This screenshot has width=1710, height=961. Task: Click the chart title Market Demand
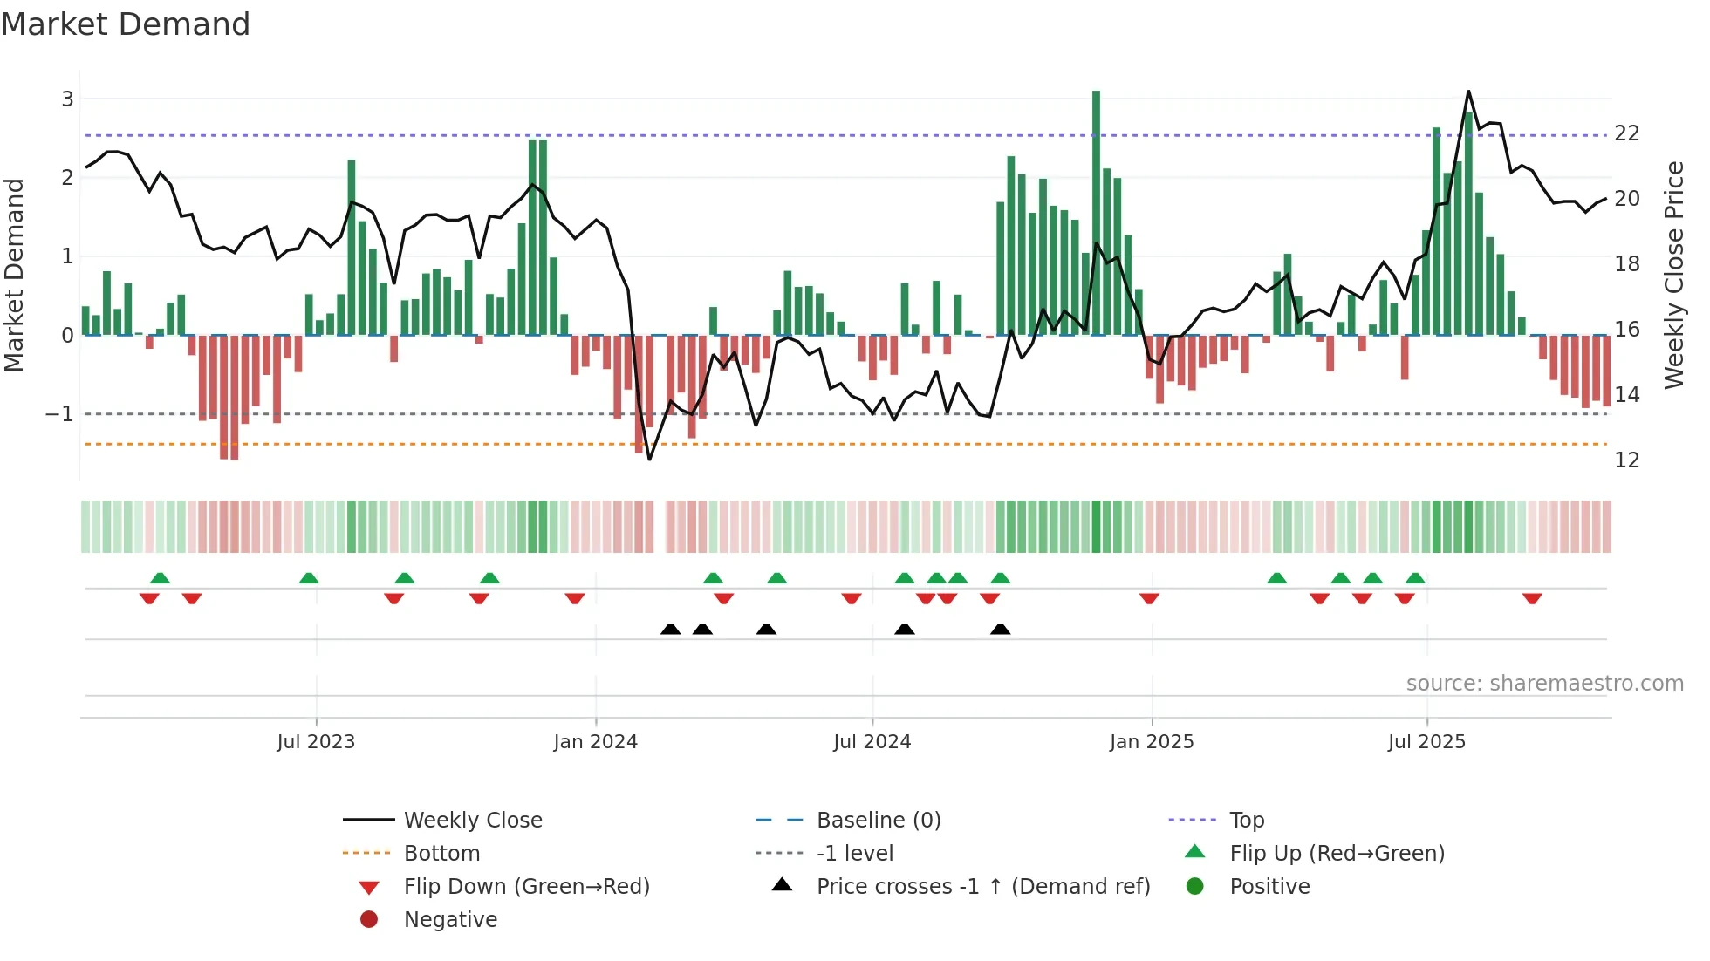pyautogui.click(x=126, y=24)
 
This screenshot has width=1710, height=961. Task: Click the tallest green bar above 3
pyautogui.click(x=1096, y=209)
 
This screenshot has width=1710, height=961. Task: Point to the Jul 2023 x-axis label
pyautogui.click(x=316, y=742)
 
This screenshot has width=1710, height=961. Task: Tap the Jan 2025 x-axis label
pyautogui.click(x=1152, y=742)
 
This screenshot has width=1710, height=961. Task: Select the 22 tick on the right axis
pyautogui.click(x=1627, y=133)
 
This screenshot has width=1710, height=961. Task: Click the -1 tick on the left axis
pyautogui.click(x=60, y=413)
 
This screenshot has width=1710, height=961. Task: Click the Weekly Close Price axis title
pyautogui.click(x=1673, y=275)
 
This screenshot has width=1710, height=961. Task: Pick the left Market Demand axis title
pyautogui.click(x=14, y=275)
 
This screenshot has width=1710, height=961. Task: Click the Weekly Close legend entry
pyautogui.click(x=473, y=821)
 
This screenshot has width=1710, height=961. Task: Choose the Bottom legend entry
pyautogui.click(x=441, y=854)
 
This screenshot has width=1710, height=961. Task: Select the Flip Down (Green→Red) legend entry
pyautogui.click(x=526, y=887)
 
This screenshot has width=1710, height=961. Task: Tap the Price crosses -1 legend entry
pyautogui.click(x=983, y=887)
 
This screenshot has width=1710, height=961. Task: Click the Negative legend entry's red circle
pyautogui.click(x=369, y=920)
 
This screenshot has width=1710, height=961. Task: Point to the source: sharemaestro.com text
pyautogui.click(x=1544, y=684)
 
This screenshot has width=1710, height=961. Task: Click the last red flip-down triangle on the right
pyautogui.click(x=1532, y=598)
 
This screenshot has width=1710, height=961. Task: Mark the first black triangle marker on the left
pyautogui.click(x=670, y=629)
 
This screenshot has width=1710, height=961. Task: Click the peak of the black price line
pyautogui.click(x=1468, y=92)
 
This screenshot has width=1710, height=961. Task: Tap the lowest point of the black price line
pyautogui.click(x=649, y=459)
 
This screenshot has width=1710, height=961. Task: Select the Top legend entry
pyautogui.click(x=1247, y=821)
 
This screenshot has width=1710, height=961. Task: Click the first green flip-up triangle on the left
pyautogui.click(x=160, y=578)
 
